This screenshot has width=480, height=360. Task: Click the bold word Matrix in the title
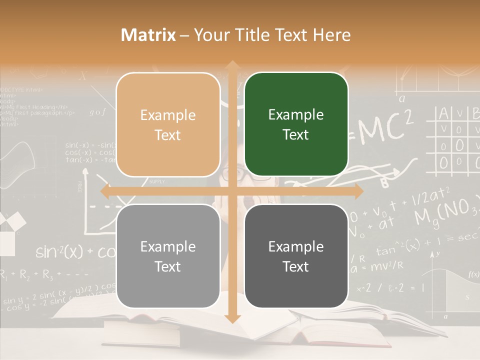pyautogui.click(x=148, y=35)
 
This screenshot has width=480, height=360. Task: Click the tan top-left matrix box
pyautogui.click(x=168, y=124)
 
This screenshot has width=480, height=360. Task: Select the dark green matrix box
pyautogui.click(x=296, y=124)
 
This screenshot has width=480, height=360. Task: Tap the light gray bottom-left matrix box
pyautogui.click(x=168, y=256)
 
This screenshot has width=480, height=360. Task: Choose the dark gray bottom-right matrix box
pyautogui.click(x=296, y=256)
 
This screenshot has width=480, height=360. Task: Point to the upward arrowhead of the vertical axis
pyautogui.click(x=232, y=65)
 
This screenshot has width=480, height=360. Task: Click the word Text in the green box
pyautogui.click(x=296, y=135)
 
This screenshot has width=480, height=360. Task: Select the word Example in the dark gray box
pyautogui.click(x=296, y=246)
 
